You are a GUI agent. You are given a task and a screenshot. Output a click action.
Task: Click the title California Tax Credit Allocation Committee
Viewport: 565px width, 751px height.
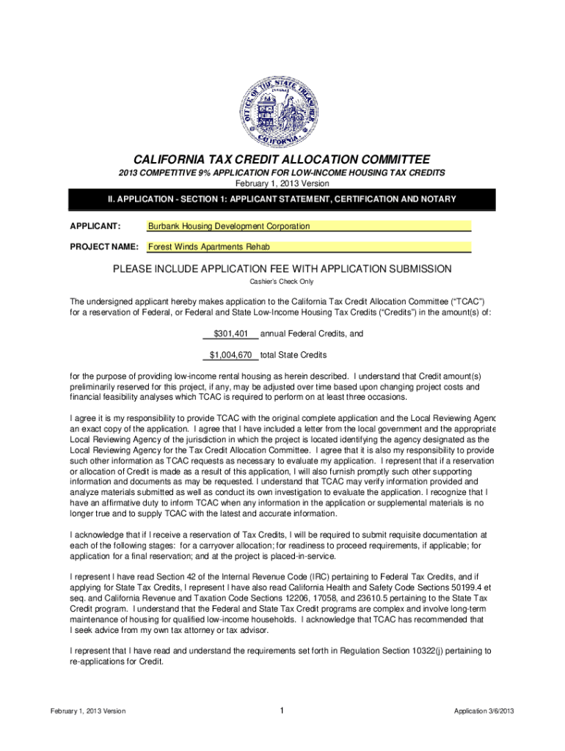[x=282, y=160]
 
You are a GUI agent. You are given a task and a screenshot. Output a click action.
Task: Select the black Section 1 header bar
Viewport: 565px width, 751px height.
[x=282, y=199]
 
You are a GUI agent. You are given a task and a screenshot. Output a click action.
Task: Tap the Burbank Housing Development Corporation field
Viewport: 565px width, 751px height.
[x=308, y=227]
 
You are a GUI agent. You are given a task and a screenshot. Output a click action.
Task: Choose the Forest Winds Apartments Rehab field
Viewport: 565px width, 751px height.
[x=308, y=247]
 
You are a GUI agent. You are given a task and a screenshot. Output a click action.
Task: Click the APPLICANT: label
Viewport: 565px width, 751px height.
[x=95, y=227]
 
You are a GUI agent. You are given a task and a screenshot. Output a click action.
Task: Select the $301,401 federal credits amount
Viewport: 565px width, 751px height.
[x=230, y=334]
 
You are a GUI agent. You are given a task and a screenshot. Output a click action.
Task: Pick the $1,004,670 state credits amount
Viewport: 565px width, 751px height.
[x=231, y=355]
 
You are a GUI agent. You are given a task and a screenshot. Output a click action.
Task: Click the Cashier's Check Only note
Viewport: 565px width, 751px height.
[x=282, y=282]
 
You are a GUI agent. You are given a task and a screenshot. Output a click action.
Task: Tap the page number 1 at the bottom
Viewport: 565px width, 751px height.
[x=282, y=710]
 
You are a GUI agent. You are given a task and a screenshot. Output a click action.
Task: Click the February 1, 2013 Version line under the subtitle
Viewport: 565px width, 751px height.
[x=282, y=183]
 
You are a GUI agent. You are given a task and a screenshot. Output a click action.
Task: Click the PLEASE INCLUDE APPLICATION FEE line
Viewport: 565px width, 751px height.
[x=282, y=269]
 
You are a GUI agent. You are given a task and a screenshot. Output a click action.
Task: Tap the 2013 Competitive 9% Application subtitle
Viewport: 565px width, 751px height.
[x=282, y=172]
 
